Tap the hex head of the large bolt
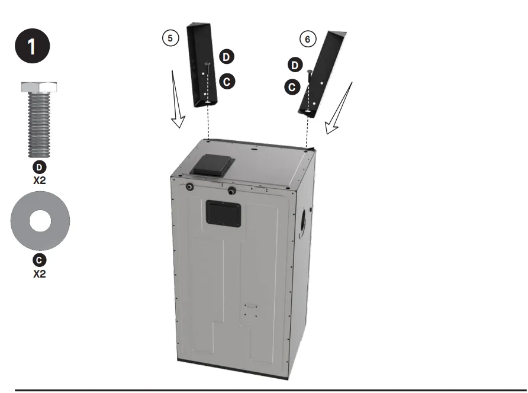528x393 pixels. point(40,88)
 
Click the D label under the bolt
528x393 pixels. point(40,167)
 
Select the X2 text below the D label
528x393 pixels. point(40,180)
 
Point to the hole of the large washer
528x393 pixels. point(40,221)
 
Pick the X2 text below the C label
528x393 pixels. point(40,273)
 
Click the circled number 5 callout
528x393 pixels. point(170,37)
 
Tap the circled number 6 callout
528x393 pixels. point(307,39)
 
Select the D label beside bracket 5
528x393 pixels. point(227,57)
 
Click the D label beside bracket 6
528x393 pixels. point(295,65)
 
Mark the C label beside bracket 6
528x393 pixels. point(292,87)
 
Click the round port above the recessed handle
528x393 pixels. point(231,191)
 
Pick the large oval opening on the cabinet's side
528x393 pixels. point(304,223)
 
